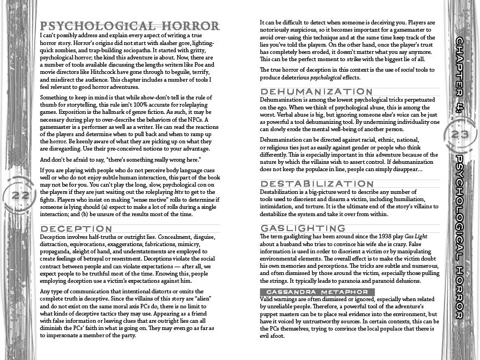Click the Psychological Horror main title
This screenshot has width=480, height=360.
pyautogui.click(x=130, y=26)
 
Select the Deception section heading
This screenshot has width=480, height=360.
pyautogui.click(x=76, y=228)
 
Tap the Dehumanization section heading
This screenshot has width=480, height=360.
pyautogui.click(x=316, y=91)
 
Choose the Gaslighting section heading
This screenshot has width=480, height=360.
pyautogui.click(x=303, y=228)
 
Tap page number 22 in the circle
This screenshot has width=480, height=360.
pyautogui.click(x=20, y=196)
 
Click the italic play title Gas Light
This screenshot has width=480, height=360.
pyautogui.click(x=416, y=237)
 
